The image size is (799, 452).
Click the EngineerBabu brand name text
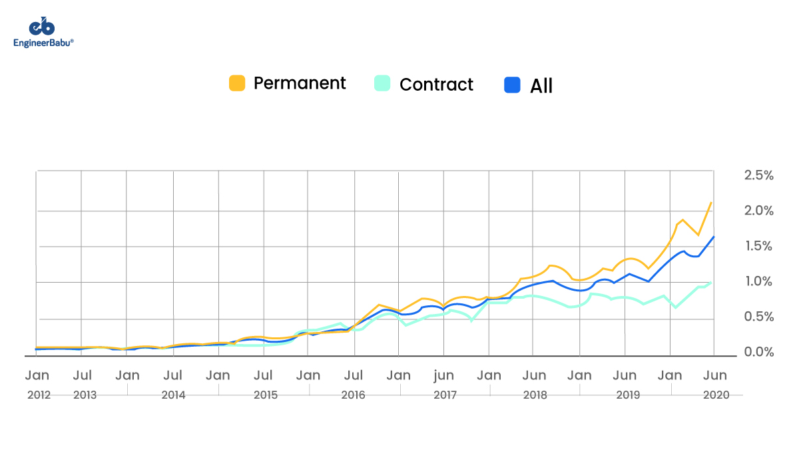(x=43, y=43)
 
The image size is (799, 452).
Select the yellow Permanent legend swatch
(x=237, y=83)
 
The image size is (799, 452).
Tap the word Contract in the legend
(x=436, y=85)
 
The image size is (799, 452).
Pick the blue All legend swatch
(x=512, y=85)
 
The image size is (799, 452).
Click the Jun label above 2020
(x=716, y=375)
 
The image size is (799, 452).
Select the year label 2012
(x=39, y=395)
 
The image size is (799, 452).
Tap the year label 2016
(x=353, y=395)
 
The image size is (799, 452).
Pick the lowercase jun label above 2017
(x=444, y=375)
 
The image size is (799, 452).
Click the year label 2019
(x=628, y=395)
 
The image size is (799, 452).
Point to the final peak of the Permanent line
(x=712, y=203)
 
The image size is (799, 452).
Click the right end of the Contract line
(x=711, y=283)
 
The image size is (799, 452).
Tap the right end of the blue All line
(x=714, y=237)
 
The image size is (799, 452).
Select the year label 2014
(x=173, y=395)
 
